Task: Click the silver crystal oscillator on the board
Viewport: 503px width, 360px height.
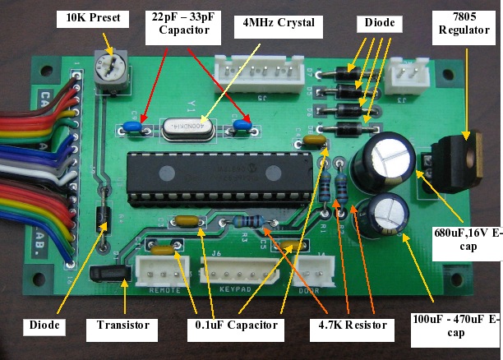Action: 186,127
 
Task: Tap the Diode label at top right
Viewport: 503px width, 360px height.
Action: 378,22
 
